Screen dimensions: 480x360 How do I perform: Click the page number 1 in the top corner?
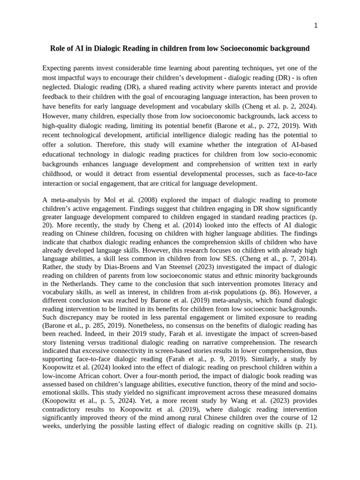pos(316,26)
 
